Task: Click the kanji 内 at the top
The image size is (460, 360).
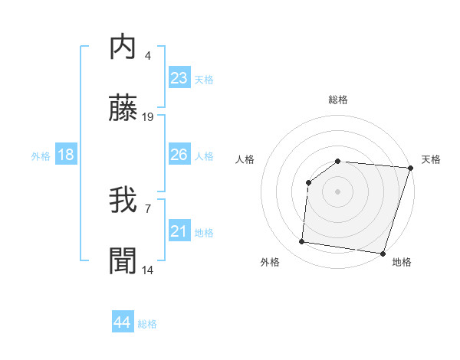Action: [x=123, y=47]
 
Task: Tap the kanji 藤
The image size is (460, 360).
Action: [x=123, y=110]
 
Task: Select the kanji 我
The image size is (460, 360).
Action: [x=123, y=201]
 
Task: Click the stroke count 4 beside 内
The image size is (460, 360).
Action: [x=147, y=55]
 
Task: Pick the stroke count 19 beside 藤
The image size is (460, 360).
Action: [x=148, y=117]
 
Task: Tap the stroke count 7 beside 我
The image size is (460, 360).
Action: [x=147, y=208]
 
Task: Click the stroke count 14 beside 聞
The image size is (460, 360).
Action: [x=148, y=270]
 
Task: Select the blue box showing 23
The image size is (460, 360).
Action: [x=179, y=78]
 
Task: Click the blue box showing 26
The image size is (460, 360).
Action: [x=179, y=155]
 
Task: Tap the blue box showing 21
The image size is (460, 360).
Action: [x=179, y=231]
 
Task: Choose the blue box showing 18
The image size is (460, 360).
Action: [x=66, y=155]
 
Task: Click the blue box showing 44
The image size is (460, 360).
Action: [x=123, y=322]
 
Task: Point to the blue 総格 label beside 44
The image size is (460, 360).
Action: [x=147, y=324]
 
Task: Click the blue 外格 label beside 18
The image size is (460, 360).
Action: [x=41, y=155]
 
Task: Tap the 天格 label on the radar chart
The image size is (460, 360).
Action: [x=432, y=159]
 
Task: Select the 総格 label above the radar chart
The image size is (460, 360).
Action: [x=338, y=100]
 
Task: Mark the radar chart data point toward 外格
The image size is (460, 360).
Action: [x=302, y=242]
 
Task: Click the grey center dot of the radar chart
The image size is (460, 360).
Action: [x=337, y=191]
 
